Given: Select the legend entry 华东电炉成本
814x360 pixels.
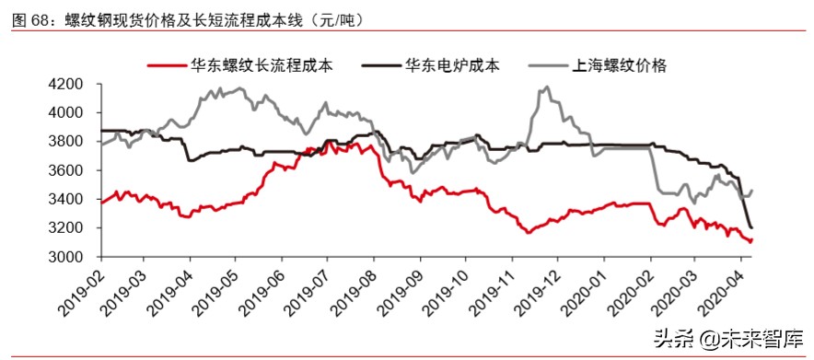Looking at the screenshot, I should click(452, 66).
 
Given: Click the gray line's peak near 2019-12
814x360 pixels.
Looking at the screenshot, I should click(547, 87).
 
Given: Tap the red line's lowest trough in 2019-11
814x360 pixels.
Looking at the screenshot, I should click(529, 232).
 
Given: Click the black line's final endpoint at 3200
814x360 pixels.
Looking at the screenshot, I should click(752, 227).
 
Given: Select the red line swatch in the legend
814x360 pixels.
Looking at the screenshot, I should click(166, 66).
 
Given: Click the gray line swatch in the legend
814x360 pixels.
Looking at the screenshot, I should click(548, 66).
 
